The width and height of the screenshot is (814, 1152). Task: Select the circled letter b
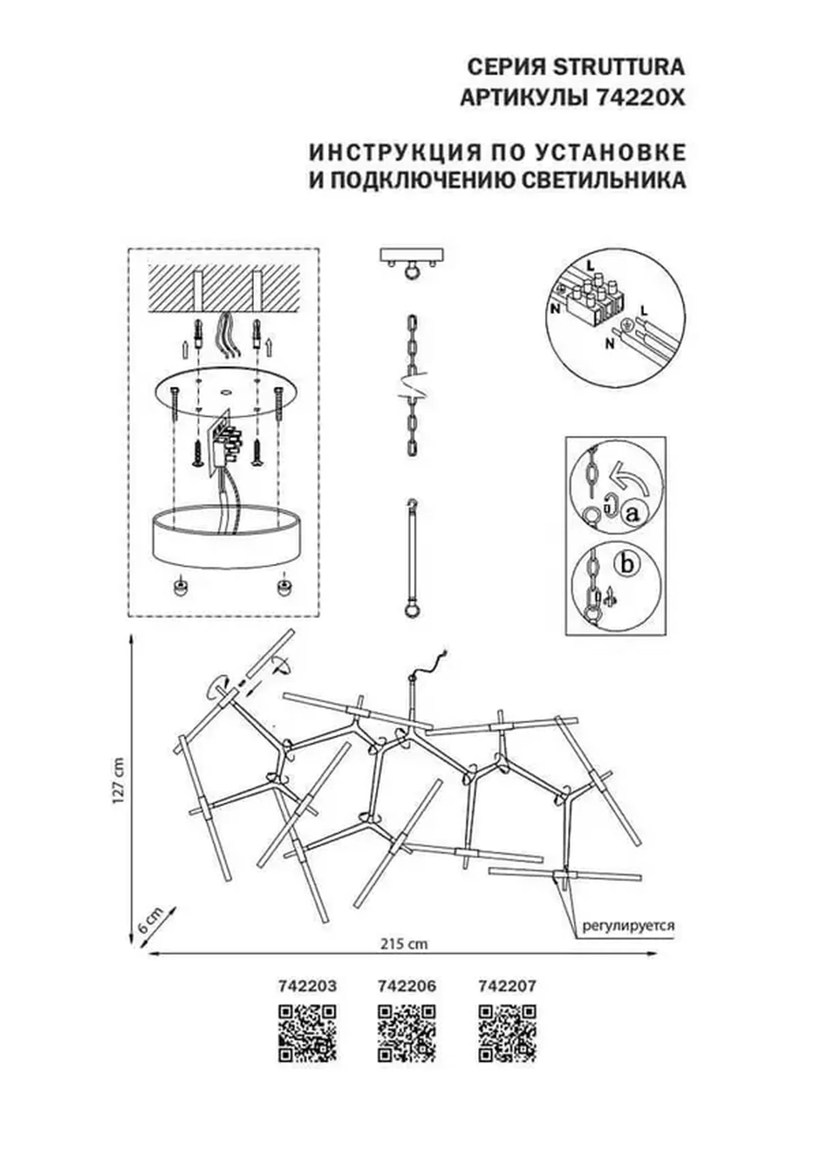pos(626,564)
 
